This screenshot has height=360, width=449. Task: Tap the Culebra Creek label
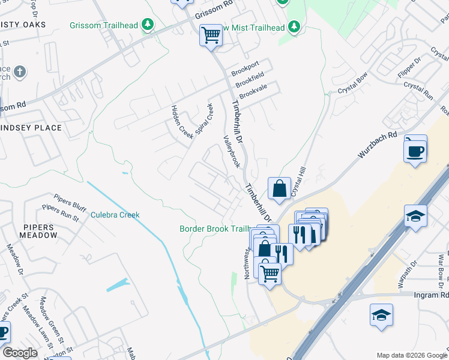pos(115,215)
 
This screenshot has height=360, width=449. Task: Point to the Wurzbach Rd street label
pos(378,145)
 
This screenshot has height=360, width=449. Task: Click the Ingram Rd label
pos(431,295)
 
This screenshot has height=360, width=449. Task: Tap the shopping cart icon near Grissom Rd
pos(211,35)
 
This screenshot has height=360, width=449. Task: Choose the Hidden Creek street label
pos(182,122)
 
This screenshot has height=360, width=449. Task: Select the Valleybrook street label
pos(232,151)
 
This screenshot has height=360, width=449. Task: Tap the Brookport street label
pos(246,65)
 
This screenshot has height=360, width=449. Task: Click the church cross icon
pos(19,73)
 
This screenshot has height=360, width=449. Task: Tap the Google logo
pos(20,352)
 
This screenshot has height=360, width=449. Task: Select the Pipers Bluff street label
pos(70,201)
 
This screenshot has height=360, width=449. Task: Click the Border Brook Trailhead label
pos(214,229)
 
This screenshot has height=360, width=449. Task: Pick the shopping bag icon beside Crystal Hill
pos(280,188)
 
